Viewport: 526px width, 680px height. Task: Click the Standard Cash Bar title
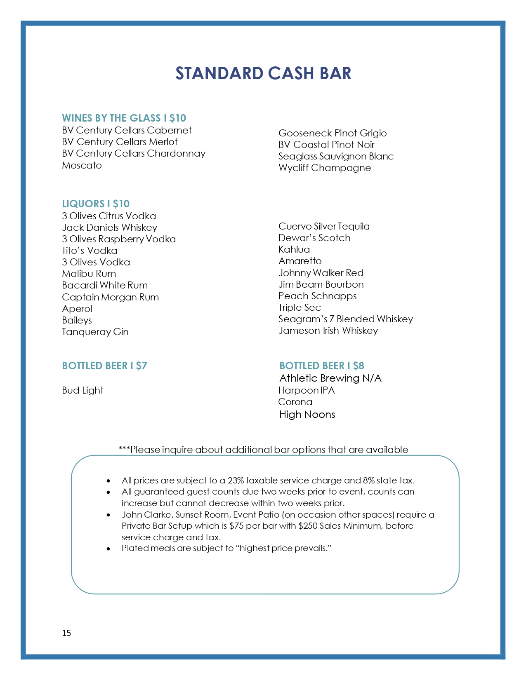(263, 73)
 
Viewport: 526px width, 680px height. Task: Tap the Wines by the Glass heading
(124, 118)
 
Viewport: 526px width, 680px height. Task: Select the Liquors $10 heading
(96, 204)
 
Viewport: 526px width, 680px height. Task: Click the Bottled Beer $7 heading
(104, 366)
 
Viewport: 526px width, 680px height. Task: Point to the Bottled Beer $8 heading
(321, 366)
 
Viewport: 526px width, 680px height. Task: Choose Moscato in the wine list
(82, 165)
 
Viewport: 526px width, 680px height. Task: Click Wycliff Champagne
(324, 168)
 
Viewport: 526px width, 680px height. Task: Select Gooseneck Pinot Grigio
(333, 133)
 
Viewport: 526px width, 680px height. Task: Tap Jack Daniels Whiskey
(109, 227)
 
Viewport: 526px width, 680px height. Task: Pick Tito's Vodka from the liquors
(90, 251)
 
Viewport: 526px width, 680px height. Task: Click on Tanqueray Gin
(95, 332)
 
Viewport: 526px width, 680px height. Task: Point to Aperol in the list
(77, 309)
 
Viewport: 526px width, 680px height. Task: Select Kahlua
(294, 249)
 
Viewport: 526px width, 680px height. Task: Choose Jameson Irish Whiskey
(328, 331)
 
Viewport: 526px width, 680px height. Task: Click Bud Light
(83, 390)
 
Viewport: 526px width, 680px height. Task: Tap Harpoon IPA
(307, 390)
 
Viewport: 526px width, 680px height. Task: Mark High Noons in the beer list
(307, 414)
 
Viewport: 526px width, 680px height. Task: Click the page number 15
(66, 633)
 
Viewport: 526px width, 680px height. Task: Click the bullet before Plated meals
(108, 549)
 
